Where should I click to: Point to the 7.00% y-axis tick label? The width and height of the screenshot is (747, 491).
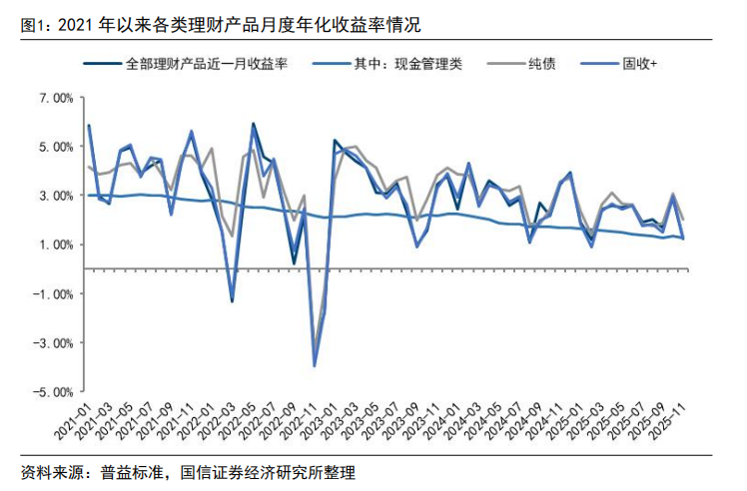[55, 98]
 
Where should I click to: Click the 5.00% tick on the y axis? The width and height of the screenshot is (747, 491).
[55, 147]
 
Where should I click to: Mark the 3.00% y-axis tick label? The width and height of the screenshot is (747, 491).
[55, 196]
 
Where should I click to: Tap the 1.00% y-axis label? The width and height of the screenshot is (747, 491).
[55, 245]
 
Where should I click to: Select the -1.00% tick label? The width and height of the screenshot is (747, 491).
[53, 293]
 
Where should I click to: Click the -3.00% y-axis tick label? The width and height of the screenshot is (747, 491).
[53, 342]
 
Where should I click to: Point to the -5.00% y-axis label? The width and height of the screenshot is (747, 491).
[53, 391]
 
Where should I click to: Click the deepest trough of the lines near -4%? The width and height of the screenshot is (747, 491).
[315, 365]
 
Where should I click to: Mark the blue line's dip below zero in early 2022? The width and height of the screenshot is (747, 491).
[233, 300]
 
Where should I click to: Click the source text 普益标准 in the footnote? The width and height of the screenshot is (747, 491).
[131, 473]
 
